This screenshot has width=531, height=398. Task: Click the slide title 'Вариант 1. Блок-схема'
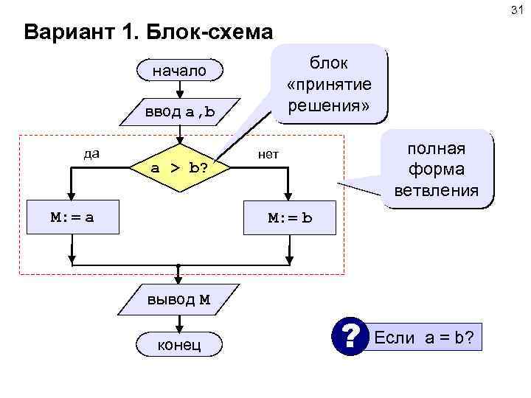(x=147, y=33)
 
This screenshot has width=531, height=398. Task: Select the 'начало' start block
(x=179, y=71)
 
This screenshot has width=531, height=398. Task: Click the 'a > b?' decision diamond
(x=179, y=168)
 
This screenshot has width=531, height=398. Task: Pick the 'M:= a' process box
(x=72, y=218)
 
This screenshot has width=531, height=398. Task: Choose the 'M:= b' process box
(x=290, y=218)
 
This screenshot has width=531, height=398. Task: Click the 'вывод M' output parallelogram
(x=179, y=299)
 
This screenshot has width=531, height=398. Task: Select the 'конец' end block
(x=179, y=344)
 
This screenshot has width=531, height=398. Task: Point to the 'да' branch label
(x=91, y=154)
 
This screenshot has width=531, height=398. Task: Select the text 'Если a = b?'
(x=424, y=338)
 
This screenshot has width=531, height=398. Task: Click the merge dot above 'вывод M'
(x=179, y=265)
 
